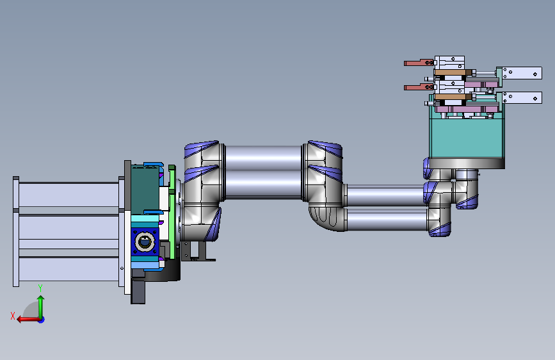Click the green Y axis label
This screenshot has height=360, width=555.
[40, 288]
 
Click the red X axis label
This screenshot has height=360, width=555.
[13, 316]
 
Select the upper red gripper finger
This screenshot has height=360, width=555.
[419, 63]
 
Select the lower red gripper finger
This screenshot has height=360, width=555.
[419, 87]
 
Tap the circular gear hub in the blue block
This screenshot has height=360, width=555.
[145, 242]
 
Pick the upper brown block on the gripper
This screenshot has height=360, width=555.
[451, 72]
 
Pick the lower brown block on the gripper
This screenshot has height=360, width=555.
[451, 96]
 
